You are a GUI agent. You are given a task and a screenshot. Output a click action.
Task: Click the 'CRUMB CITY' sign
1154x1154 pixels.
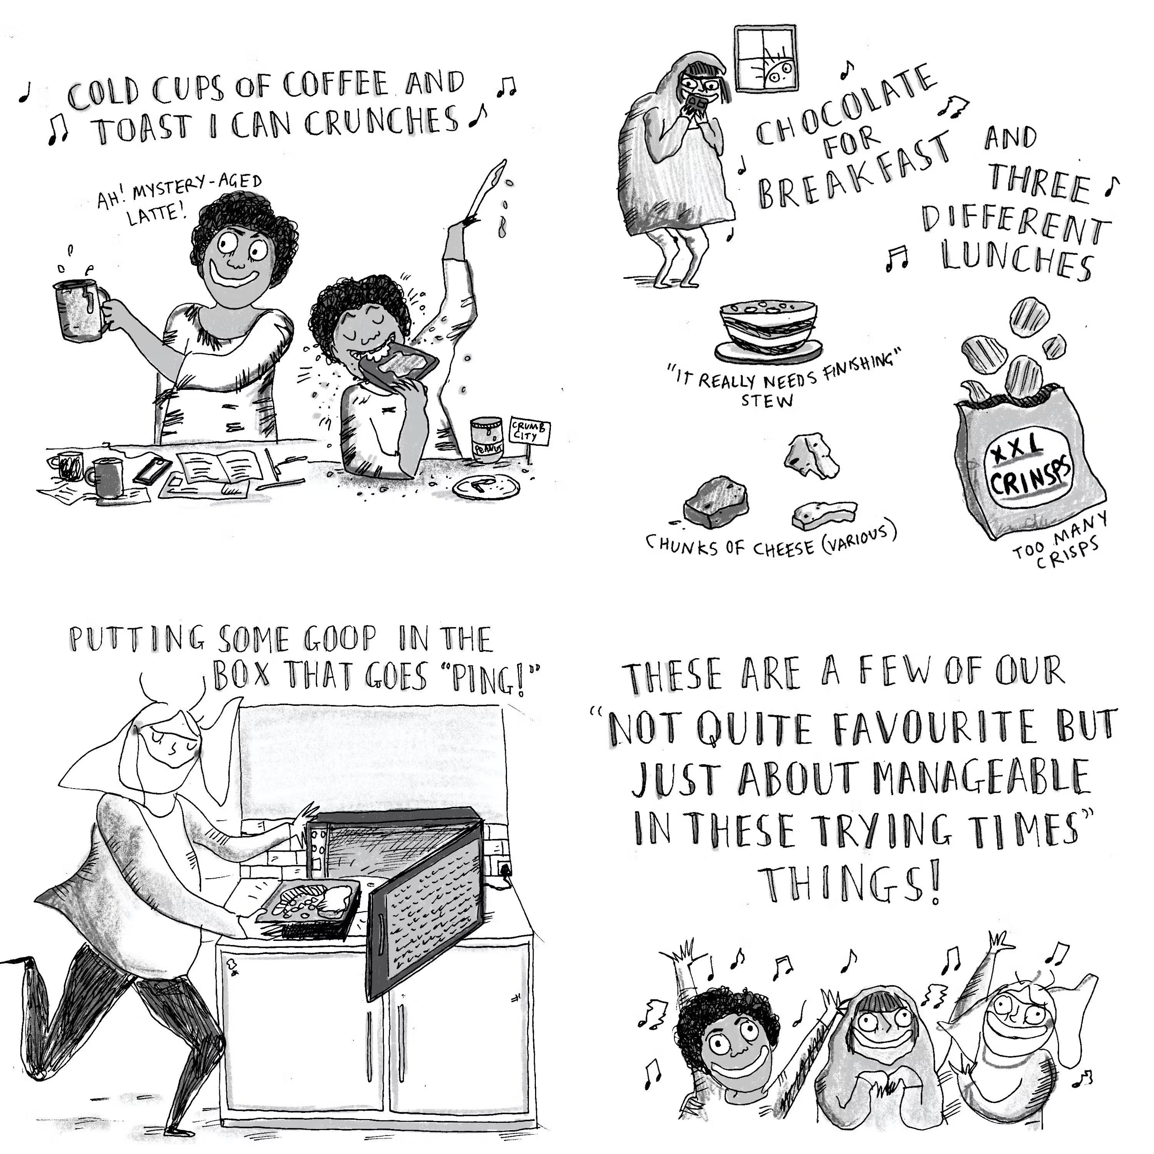click(528, 431)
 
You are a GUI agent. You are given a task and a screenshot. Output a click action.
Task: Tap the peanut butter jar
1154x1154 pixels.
click(487, 440)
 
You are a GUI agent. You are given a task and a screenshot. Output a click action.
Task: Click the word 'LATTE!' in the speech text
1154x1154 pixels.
click(157, 214)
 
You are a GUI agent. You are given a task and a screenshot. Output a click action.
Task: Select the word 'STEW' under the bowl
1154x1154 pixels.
click(767, 400)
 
